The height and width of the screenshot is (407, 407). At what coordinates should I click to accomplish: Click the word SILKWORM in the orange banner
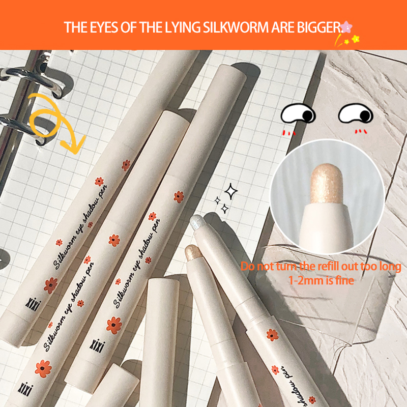tap(236, 27)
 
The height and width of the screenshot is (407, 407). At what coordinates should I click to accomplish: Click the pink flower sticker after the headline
tap(346, 26)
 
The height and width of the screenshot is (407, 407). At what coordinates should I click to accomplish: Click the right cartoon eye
tap(356, 113)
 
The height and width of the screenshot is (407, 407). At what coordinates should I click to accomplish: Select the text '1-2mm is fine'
tap(322, 281)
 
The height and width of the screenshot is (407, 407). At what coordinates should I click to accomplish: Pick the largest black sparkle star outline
tap(230, 191)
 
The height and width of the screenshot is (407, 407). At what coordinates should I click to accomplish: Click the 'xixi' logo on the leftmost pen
tap(33, 304)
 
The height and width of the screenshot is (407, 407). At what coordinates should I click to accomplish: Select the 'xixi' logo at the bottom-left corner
tap(25, 389)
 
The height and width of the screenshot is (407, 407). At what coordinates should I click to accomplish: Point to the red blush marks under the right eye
tap(361, 132)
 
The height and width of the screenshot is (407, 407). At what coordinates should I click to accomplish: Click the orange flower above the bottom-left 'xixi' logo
tap(43, 368)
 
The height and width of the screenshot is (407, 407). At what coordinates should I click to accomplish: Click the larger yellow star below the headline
tap(356, 39)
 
